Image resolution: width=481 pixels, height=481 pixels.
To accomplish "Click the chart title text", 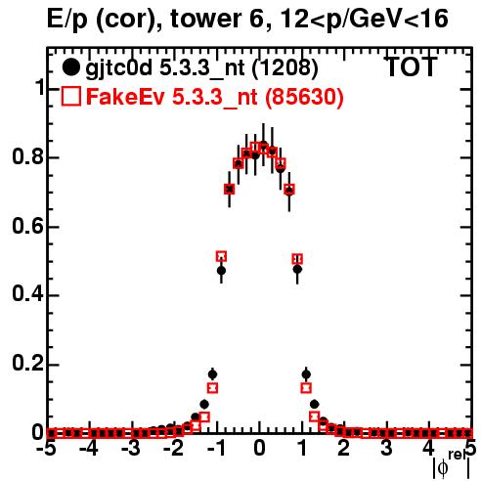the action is (247, 20).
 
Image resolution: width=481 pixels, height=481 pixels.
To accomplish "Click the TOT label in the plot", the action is (411, 66).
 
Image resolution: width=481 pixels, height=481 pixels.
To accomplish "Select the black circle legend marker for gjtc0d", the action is (70, 67).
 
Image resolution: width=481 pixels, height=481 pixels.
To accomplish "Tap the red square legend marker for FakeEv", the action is (71, 96).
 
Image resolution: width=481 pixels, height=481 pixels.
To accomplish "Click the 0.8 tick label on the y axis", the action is (27, 156).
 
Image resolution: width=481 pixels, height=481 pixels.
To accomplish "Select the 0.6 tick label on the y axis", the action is (27, 226).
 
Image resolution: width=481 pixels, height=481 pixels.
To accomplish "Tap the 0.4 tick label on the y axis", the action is (27, 294).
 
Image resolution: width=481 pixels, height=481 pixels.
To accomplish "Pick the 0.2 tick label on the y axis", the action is (27, 364).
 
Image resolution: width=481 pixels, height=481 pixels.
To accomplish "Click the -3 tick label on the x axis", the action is (132, 449).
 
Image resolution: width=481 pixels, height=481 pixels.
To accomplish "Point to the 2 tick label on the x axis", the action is (344, 449).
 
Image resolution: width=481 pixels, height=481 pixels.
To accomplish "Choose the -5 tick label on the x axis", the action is (47, 449).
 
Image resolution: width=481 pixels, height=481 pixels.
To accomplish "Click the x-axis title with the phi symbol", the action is (452, 465).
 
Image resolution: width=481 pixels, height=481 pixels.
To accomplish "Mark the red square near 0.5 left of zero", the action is (221, 256).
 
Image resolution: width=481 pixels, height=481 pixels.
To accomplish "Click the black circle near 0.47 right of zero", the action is (297, 270).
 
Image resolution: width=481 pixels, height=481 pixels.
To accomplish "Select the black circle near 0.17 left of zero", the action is (212, 374).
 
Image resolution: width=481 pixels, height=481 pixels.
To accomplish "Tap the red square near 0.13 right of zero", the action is (306, 388).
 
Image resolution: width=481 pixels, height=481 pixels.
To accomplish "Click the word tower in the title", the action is (206, 19).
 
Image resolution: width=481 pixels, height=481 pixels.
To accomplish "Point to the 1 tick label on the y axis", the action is (40, 87).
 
